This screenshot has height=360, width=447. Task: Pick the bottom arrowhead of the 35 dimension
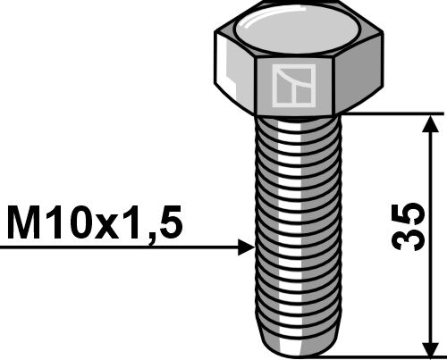[433, 344]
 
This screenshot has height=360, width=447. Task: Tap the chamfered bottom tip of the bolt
[295, 347]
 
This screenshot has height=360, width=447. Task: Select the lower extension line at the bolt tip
[384, 355]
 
